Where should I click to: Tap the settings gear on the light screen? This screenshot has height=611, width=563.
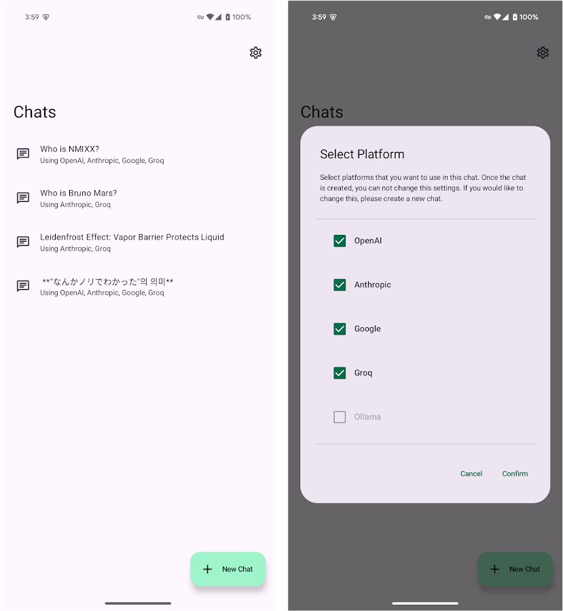tap(255, 52)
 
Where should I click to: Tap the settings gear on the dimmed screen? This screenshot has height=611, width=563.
tap(543, 52)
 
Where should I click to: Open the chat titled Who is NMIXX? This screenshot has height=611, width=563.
tap(70, 149)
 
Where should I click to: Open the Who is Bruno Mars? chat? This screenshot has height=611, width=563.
tap(78, 193)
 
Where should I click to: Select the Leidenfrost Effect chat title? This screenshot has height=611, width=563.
tap(132, 237)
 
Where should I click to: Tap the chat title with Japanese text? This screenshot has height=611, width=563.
tap(107, 281)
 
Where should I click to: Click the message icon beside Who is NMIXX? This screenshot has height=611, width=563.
tap(23, 153)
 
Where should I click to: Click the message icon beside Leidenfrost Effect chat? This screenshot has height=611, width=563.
tap(23, 242)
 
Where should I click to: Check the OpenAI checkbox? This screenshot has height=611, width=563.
tap(340, 241)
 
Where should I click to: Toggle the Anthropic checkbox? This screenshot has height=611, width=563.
tap(340, 285)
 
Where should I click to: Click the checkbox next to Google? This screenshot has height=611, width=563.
tap(340, 329)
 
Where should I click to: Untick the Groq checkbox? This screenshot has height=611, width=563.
tap(340, 373)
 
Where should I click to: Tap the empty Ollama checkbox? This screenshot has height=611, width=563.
tap(340, 417)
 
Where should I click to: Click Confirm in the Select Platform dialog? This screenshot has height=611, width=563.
tap(515, 473)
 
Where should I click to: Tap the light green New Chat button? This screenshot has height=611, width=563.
tap(228, 569)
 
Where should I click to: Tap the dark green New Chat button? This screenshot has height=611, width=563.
tap(515, 569)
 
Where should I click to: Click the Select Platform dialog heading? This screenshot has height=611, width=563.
tap(362, 154)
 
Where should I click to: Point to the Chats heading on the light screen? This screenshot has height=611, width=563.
tap(35, 112)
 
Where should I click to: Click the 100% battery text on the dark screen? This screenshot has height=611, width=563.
tap(528, 17)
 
